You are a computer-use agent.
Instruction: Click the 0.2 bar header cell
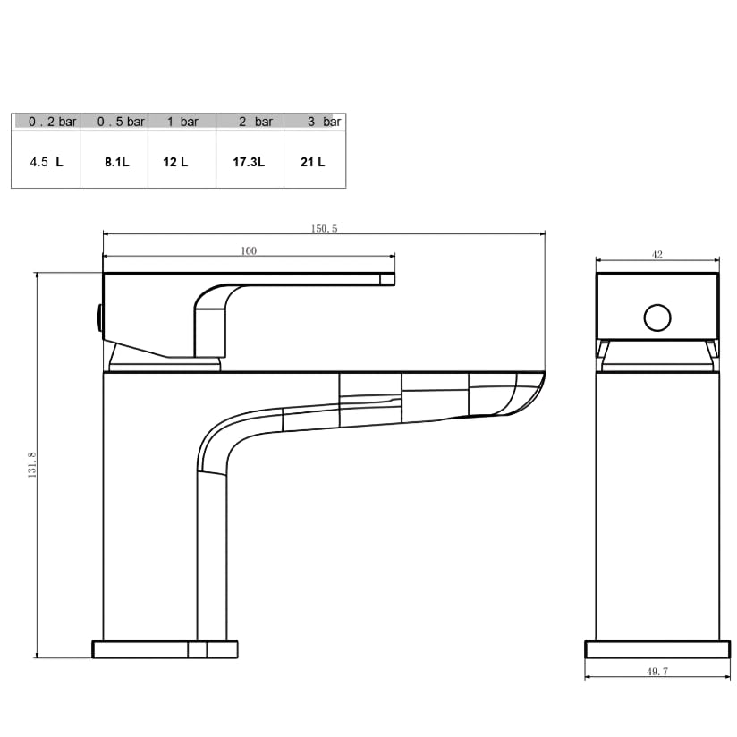click(46, 122)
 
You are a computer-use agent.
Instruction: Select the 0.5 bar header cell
click(114, 122)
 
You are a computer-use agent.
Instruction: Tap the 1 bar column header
click(182, 122)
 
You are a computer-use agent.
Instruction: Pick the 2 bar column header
click(250, 122)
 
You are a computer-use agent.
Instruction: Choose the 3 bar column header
click(315, 122)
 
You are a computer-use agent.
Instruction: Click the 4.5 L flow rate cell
click(47, 162)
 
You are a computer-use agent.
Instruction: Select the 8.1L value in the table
click(116, 162)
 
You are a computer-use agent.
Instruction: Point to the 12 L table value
click(175, 162)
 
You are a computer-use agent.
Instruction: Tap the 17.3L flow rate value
click(249, 162)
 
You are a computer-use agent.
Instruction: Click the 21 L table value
click(312, 162)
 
